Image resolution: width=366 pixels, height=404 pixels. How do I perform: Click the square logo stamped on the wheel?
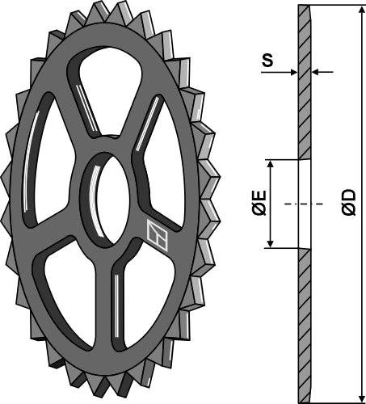pos(155,233)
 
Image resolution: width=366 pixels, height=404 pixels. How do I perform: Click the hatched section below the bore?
pos(305,323)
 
